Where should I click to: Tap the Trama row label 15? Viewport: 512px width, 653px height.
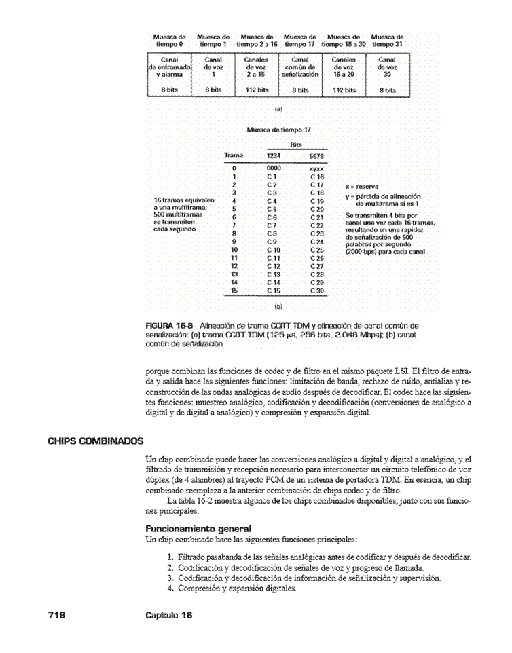[234, 291]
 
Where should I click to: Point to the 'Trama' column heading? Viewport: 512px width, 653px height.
[234, 155]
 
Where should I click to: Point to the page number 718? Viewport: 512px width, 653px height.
[56, 614]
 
